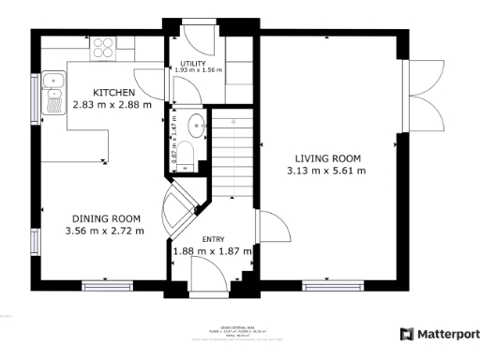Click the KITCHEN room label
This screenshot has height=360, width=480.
click(x=113, y=92)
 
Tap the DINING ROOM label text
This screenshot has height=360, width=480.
click(x=104, y=218)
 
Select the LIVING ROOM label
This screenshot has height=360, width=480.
click(x=325, y=158)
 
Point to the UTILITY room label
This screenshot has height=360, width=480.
click(x=193, y=64)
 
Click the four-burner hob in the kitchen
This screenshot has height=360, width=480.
click(x=103, y=46)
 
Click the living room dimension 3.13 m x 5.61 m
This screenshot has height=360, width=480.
click(x=325, y=171)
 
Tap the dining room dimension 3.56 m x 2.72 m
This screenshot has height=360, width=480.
click(x=104, y=231)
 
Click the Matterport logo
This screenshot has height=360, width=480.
click(x=438, y=334)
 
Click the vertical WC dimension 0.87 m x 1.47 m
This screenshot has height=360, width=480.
click(x=175, y=142)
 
